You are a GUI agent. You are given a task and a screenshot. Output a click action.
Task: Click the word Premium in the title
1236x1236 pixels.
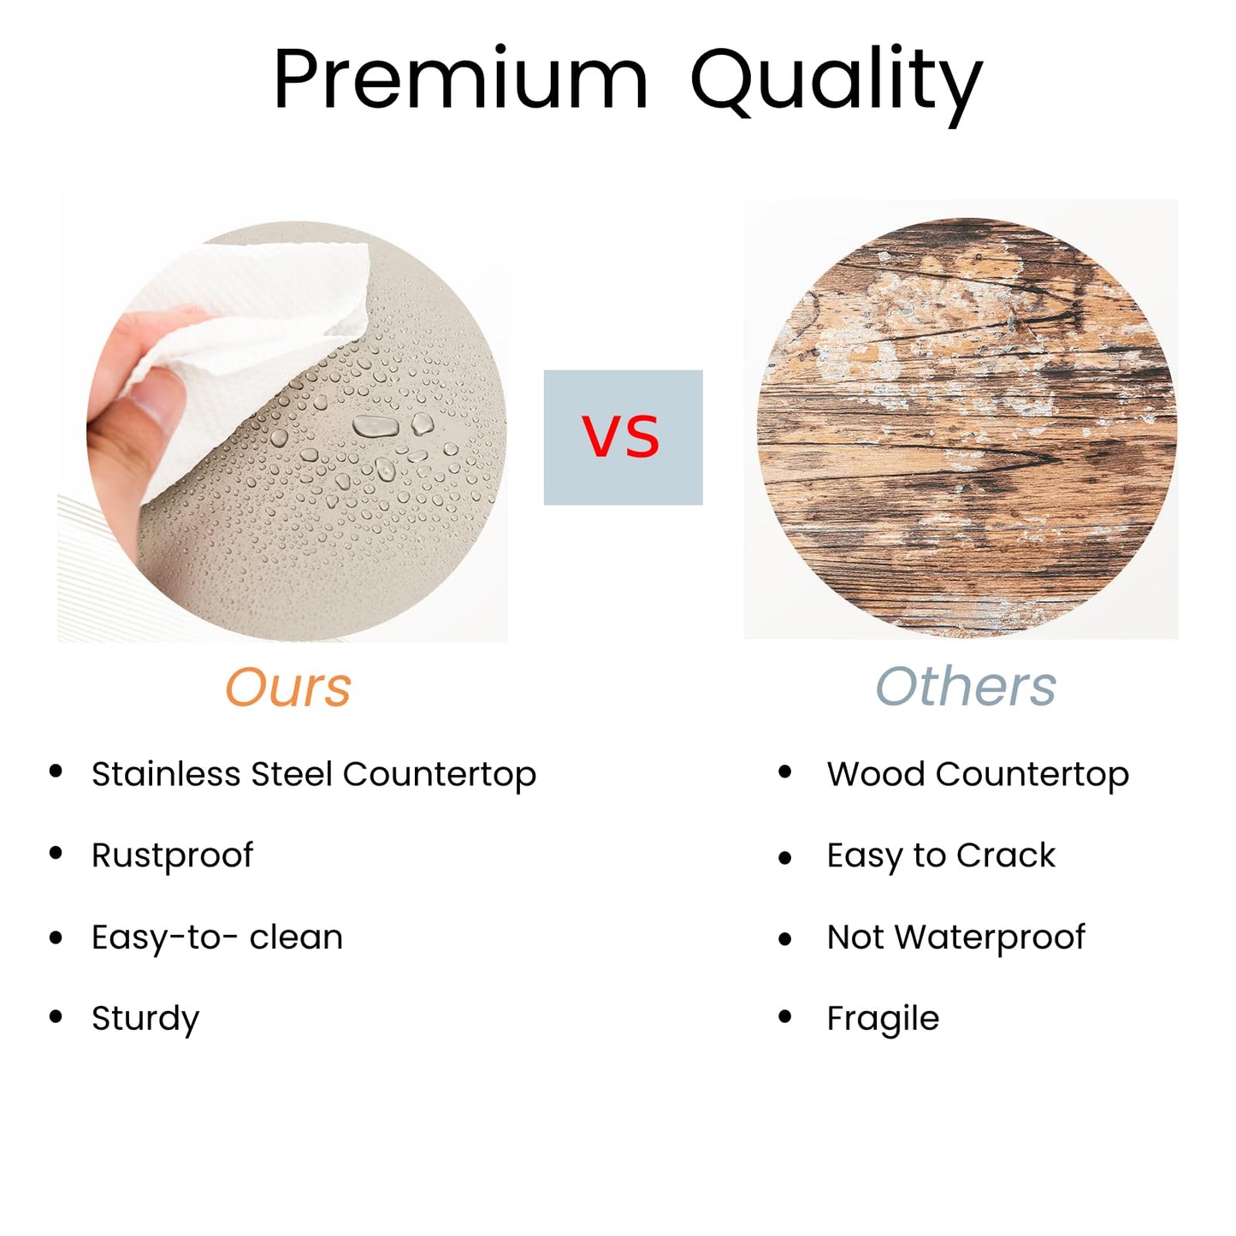[460, 81]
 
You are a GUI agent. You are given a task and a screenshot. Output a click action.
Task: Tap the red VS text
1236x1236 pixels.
[621, 436]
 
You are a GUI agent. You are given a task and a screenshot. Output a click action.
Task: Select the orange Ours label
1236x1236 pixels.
[288, 687]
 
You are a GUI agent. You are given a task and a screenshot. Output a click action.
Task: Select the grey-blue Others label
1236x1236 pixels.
[966, 686]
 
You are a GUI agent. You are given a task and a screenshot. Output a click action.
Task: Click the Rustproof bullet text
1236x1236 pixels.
[173, 855]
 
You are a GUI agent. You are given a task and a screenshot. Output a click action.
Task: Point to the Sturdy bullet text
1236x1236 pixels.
[145, 1018]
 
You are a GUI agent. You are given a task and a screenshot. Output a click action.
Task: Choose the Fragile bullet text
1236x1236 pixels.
[883, 1018]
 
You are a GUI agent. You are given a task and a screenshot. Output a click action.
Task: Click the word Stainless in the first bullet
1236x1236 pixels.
[165, 773]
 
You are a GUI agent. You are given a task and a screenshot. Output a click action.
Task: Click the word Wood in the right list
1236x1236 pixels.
[876, 773]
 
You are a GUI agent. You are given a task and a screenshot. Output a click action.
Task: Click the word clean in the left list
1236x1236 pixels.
[296, 937]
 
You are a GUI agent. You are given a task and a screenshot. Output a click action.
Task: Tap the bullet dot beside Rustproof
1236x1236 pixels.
[56, 854]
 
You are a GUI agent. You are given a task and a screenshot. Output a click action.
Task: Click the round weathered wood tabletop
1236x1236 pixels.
[967, 427]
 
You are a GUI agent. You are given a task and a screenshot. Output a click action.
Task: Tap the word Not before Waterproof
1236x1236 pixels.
[855, 937]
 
